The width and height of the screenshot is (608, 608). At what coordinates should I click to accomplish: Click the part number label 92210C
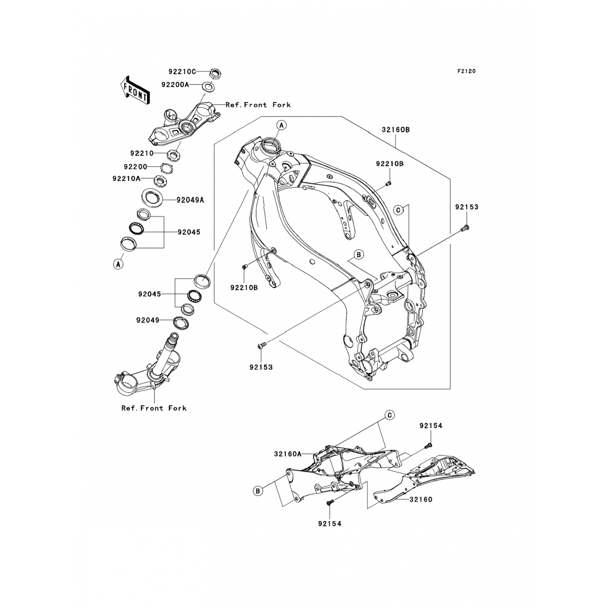tap(182, 72)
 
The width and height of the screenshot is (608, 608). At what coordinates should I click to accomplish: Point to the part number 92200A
tap(175, 85)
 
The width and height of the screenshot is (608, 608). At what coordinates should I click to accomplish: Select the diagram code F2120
tap(467, 71)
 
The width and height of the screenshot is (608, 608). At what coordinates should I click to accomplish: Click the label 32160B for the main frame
tap(396, 130)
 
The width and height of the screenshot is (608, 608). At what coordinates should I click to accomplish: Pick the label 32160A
tap(288, 454)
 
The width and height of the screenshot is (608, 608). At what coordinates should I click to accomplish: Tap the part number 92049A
tap(190, 200)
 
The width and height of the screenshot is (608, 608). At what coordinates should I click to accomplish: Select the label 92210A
tap(127, 178)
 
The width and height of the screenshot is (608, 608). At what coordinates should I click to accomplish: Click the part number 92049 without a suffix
tap(148, 320)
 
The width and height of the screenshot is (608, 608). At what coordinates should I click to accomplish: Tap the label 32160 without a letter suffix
tap(421, 499)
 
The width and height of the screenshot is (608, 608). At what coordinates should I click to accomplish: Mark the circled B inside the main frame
tap(358, 255)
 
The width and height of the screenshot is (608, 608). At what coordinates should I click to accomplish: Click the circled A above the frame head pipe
tap(282, 125)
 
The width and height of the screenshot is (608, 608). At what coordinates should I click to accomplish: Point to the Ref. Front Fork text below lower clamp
tap(154, 408)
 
